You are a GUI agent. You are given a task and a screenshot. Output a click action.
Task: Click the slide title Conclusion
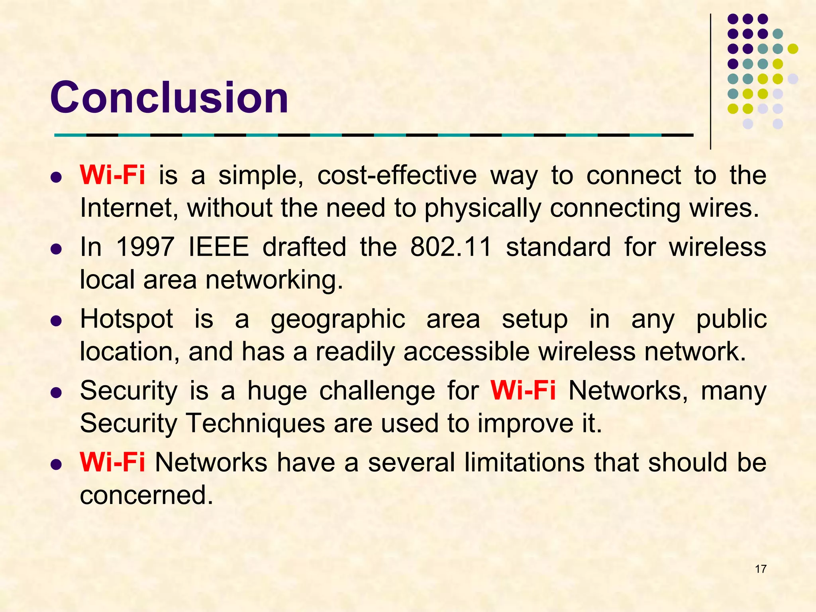point(169,98)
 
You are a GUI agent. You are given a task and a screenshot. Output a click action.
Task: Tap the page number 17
point(760,569)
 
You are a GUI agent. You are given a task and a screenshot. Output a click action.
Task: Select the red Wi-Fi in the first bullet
point(112,175)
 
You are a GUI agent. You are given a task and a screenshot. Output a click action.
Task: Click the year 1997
point(145,247)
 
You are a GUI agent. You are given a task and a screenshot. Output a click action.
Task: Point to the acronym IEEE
point(218,247)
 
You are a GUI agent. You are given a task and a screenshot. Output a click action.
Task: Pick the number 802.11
point(451,247)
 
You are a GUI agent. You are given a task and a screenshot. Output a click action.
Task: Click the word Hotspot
point(127,320)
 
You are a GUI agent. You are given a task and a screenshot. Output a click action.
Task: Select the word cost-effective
point(397,175)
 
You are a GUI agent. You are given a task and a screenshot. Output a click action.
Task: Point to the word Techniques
point(255,423)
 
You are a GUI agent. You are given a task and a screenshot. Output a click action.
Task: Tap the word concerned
point(146,495)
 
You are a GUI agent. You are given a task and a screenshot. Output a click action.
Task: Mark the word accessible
point(466,352)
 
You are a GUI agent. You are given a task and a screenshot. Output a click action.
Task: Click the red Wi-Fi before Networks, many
point(523,390)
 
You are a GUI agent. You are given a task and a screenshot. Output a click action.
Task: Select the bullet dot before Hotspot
point(57,321)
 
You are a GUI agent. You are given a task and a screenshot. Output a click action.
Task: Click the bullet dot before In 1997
point(57,249)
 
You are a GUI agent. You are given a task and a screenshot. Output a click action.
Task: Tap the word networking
point(274,280)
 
